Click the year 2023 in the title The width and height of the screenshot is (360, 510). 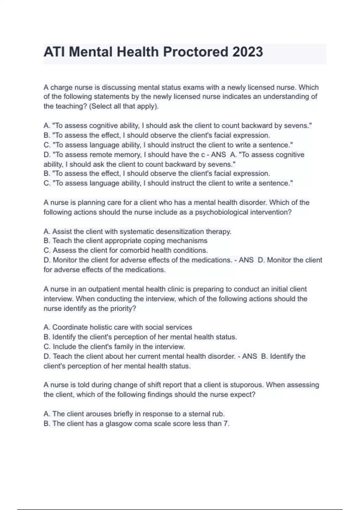[x=247, y=52]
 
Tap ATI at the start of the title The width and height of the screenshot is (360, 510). [x=55, y=52]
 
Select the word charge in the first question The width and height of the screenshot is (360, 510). [x=61, y=88]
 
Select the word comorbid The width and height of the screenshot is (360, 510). [x=135, y=250]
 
